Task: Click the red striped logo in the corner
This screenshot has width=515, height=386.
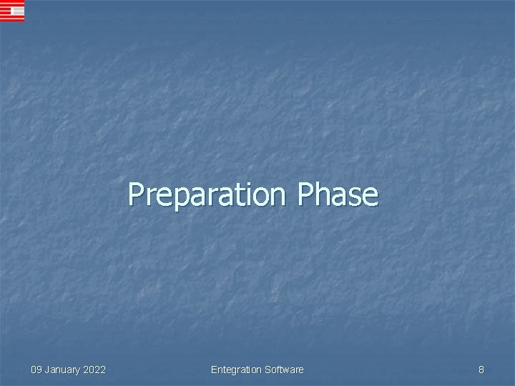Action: (x=12, y=11)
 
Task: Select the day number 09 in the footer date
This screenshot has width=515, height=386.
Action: (x=36, y=370)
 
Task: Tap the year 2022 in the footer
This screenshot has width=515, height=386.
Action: (x=94, y=370)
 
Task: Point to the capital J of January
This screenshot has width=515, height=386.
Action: (x=48, y=370)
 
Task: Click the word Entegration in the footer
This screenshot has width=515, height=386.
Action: (x=236, y=370)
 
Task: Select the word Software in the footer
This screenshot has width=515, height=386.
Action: (x=284, y=370)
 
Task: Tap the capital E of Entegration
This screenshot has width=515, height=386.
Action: (x=215, y=370)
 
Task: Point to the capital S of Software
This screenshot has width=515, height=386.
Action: (x=268, y=370)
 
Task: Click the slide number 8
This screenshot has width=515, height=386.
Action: (x=481, y=370)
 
